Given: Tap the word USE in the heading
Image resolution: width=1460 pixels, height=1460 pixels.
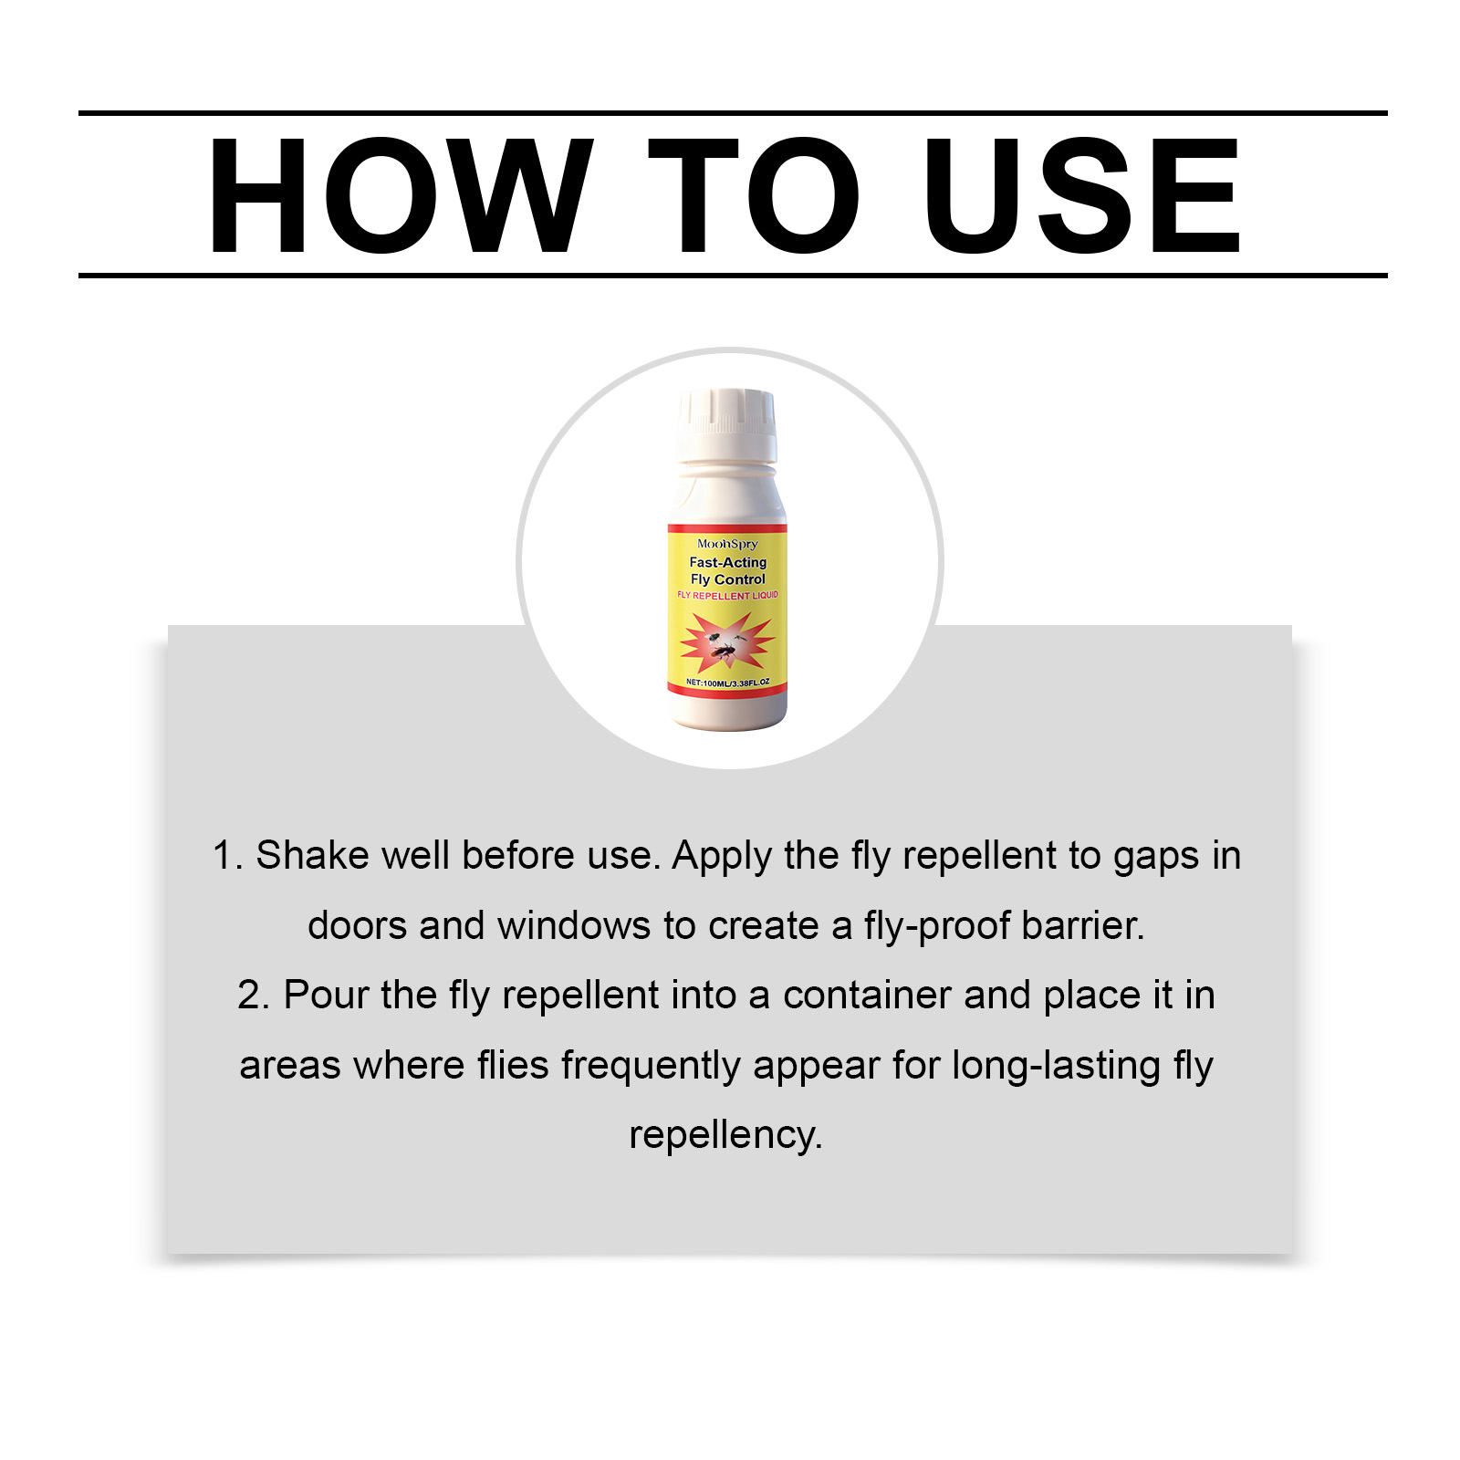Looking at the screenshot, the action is [1082, 195].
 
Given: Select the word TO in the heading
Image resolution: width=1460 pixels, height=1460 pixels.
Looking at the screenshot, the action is [754, 195].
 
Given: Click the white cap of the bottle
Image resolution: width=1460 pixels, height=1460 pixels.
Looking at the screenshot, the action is [727, 425].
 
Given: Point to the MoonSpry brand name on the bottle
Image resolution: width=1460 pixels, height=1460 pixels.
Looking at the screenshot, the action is [727, 544].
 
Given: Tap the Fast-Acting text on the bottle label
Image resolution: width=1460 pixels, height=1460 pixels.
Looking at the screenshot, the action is [727, 562].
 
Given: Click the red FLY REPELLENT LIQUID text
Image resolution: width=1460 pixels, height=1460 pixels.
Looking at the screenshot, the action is [727, 595].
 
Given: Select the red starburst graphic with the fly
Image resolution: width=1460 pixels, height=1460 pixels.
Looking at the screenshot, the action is [727, 641].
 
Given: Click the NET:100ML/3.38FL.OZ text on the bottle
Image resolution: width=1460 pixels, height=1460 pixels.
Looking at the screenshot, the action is [727, 683].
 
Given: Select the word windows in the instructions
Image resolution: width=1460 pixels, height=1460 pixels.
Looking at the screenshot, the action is [575, 925].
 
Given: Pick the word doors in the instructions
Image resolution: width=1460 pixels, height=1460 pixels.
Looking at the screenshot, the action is [358, 925].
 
